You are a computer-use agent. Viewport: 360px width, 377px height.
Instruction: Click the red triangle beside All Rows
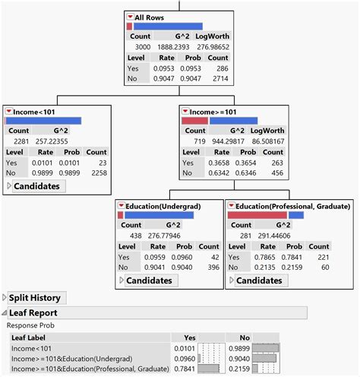coord(131,17)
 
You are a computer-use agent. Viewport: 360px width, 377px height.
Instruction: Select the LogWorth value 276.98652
coord(212,47)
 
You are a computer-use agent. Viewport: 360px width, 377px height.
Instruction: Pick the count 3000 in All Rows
coord(141,47)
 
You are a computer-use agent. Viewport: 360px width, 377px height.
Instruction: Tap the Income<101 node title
coord(33,112)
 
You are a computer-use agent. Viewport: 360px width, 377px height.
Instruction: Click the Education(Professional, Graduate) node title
coord(292,206)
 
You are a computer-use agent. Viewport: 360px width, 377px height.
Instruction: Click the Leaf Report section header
coord(33,312)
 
